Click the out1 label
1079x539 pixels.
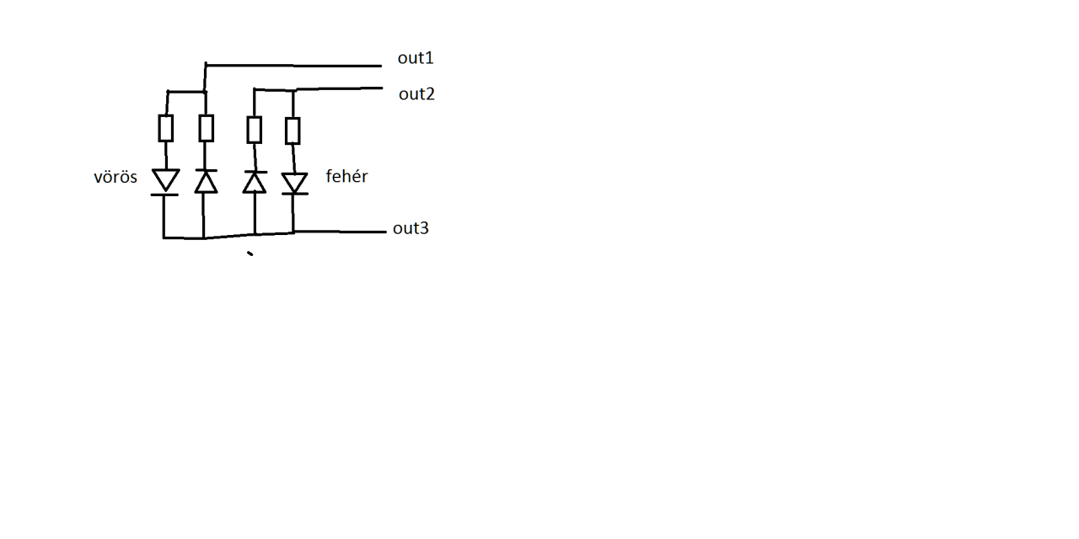point(416,58)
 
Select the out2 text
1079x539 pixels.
point(416,93)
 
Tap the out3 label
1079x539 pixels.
point(411,228)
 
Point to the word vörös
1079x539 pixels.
point(115,177)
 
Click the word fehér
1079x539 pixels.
point(346,177)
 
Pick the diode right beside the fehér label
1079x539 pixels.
point(294,183)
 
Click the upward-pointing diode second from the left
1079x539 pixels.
point(206,181)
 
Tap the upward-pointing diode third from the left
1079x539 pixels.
point(254,182)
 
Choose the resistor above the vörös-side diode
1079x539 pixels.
point(166,129)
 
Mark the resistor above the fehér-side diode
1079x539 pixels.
point(293,131)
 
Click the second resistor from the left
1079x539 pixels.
point(206,128)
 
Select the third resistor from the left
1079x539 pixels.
point(254,130)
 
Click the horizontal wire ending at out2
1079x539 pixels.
point(337,88)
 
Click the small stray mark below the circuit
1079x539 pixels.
point(250,253)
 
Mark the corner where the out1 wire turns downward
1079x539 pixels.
point(206,65)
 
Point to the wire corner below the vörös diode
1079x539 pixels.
point(164,237)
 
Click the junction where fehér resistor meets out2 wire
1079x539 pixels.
point(293,90)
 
